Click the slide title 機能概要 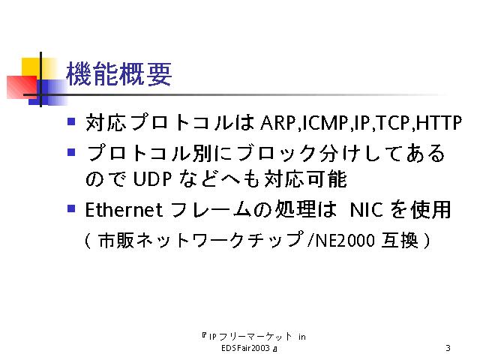pos(118,73)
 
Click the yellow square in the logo pos(31,69)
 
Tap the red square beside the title pos(22,87)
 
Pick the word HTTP pos(439,123)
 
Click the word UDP pos(152,179)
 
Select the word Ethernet pos(124,210)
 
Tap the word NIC pos(366,210)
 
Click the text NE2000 pos(345,240)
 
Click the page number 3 pos(448,348)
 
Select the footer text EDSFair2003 pos(245,348)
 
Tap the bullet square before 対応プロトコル pos(71,121)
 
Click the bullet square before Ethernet pos(71,208)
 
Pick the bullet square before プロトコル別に pos(71,151)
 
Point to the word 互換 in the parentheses pos(400,240)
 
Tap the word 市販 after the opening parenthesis pos(117,240)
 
